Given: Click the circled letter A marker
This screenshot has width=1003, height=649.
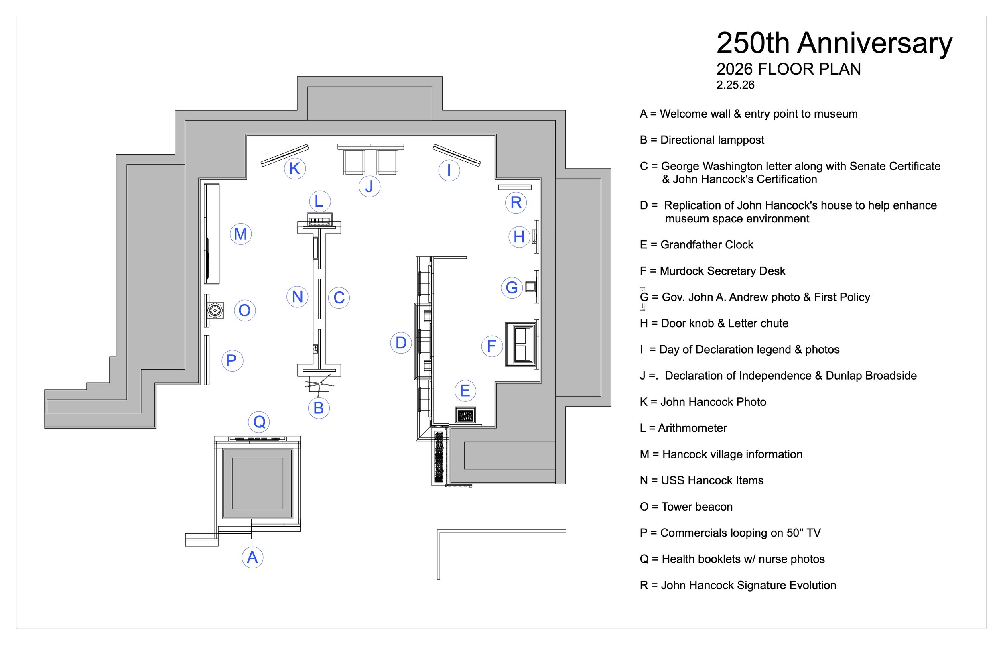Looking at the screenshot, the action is tap(252, 557).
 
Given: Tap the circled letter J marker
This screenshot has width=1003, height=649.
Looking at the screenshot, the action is tap(369, 186).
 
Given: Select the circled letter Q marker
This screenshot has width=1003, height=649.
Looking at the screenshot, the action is tap(259, 421).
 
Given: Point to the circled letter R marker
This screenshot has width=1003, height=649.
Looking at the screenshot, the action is tap(516, 203).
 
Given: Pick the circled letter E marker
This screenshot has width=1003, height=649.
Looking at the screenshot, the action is tap(465, 390).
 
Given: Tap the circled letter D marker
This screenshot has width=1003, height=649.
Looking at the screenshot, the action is tap(401, 343).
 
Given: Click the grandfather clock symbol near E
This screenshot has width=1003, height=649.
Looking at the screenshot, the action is tap(465, 415).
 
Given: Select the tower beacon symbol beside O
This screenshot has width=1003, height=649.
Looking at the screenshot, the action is tap(215, 311).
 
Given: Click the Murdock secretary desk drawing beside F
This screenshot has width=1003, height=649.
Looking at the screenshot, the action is tap(522, 344).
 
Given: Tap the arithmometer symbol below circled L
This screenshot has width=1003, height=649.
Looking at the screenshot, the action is tap(319, 220).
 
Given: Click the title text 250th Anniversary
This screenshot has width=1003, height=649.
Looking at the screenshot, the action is tap(834, 43).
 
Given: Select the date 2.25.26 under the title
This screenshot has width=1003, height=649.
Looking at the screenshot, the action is tap(735, 85).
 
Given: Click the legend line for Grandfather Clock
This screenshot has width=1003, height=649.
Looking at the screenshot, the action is tap(696, 245).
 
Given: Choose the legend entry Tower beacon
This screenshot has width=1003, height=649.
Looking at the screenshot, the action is tap(686, 507).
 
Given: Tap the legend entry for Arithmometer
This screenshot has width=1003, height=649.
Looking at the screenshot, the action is tap(683, 428).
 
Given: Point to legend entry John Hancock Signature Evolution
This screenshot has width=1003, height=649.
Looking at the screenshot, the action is tap(738, 585).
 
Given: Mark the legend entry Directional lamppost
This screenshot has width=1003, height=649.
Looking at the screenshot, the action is tap(702, 140).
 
